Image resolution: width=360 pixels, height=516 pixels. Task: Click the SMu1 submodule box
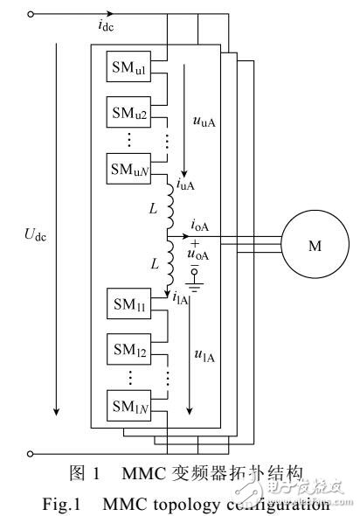click(127, 68)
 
